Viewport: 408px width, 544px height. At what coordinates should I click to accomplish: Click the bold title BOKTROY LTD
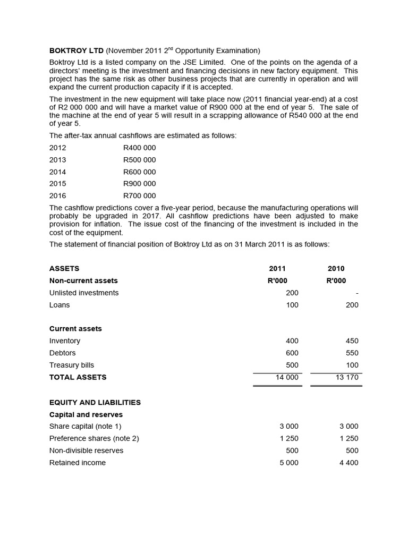(x=76, y=51)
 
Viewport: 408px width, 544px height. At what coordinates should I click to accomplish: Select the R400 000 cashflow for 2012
(x=139, y=148)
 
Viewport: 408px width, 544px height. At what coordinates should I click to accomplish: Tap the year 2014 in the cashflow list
(x=58, y=172)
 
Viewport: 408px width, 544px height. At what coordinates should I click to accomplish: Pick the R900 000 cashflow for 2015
(x=139, y=184)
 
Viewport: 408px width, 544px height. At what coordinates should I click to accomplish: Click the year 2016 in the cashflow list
(x=58, y=196)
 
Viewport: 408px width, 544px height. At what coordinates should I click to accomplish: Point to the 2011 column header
(x=277, y=269)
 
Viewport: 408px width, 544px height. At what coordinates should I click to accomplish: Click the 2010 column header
(x=336, y=269)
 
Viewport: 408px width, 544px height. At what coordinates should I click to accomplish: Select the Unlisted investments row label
(x=84, y=293)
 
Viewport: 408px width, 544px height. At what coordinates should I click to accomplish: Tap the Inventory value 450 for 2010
(x=352, y=341)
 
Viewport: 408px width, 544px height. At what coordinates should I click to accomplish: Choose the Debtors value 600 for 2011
(x=292, y=353)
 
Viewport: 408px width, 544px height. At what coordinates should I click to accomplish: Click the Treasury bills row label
(x=72, y=365)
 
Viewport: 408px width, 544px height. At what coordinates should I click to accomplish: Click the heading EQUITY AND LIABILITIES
(x=95, y=403)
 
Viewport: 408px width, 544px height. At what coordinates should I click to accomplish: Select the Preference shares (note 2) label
(x=94, y=438)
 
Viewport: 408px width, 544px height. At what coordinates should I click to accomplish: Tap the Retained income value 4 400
(x=348, y=463)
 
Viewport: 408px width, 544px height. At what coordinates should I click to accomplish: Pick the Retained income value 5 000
(x=289, y=463)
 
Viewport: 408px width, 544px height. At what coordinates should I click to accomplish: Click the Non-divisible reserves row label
(x=86, y=450)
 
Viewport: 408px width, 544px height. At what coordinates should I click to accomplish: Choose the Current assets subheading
(x=75, y=329)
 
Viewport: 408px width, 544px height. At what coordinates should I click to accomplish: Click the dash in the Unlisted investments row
(x=357, y=293)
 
